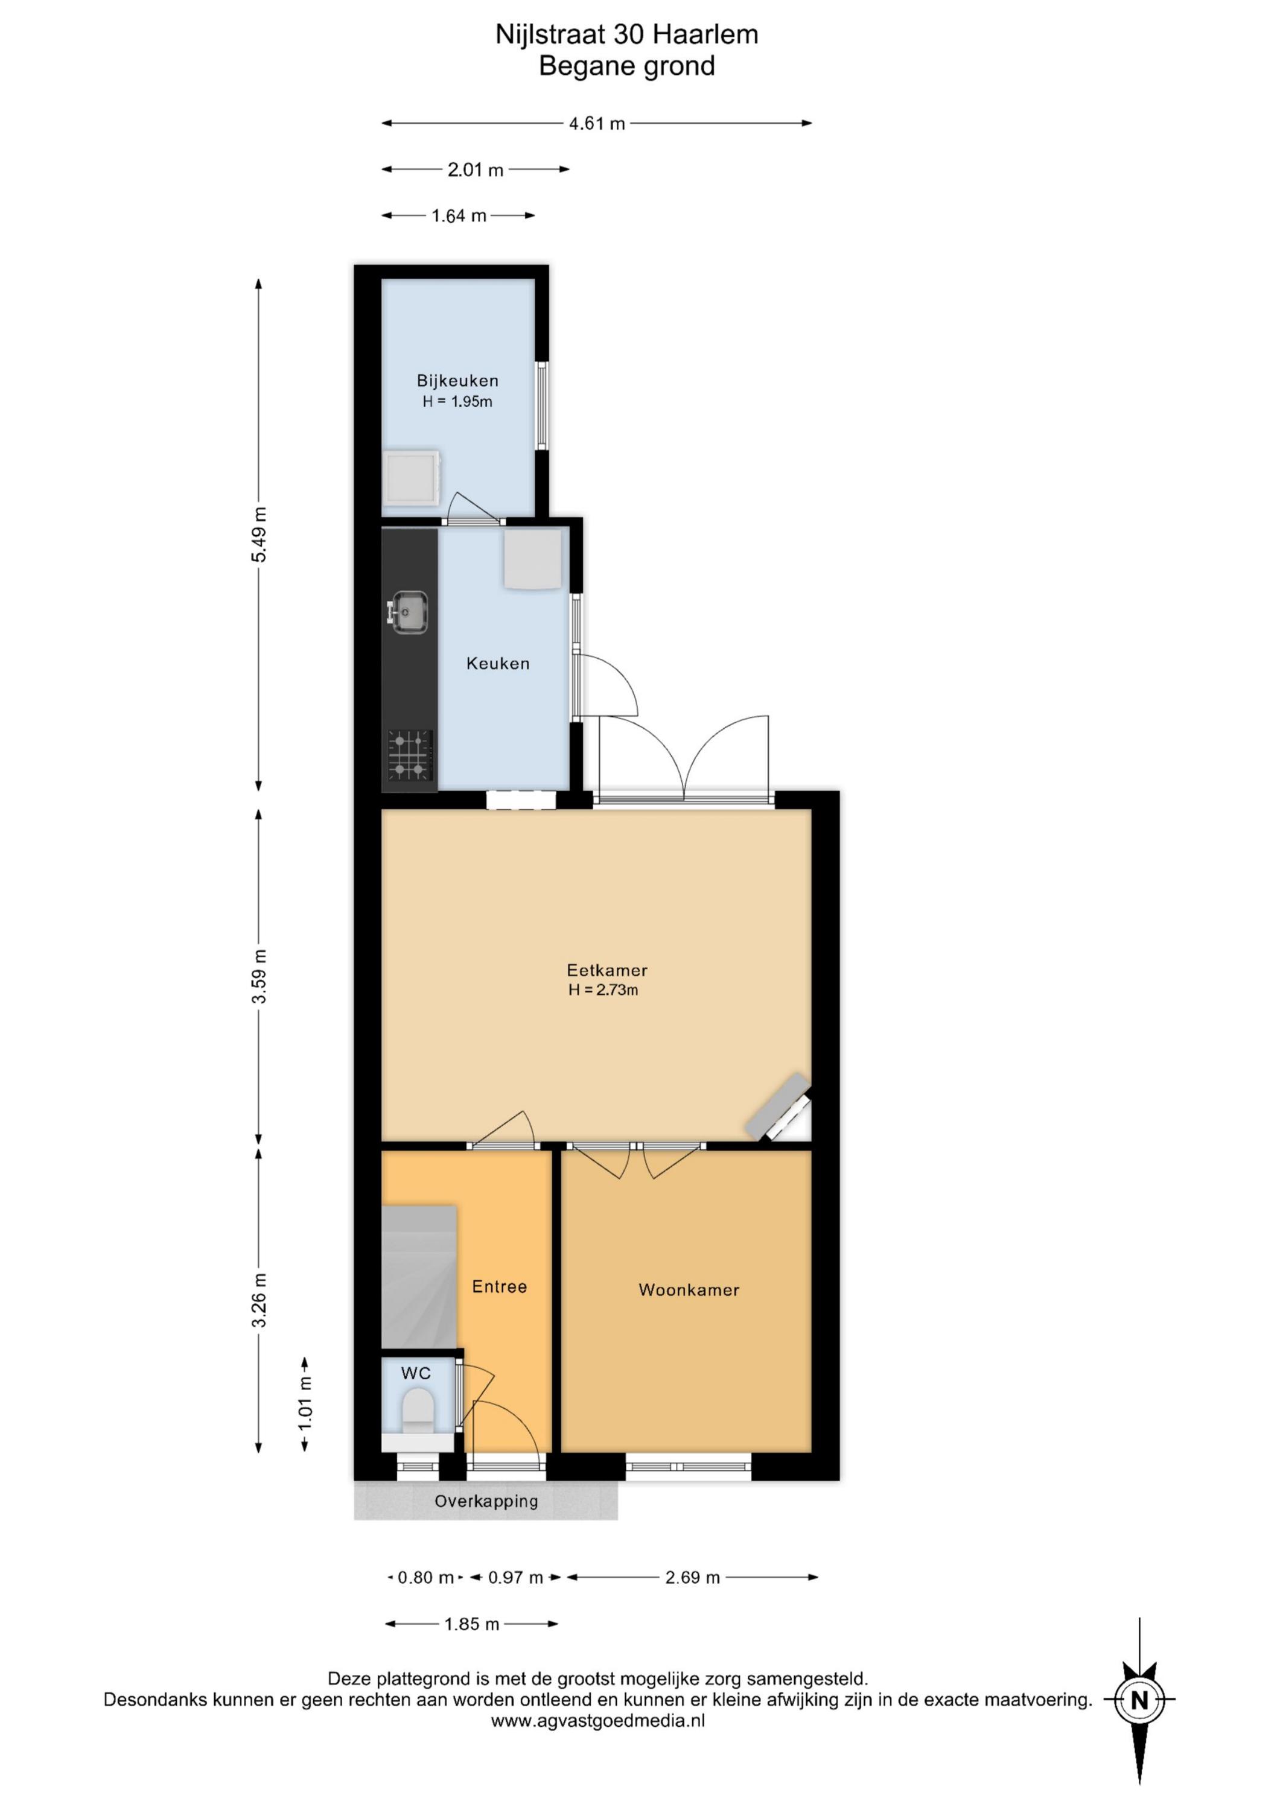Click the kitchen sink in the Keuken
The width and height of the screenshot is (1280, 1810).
(408, 612)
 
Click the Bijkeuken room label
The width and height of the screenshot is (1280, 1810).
(457, 381)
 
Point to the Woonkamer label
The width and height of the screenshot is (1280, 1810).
(689, 1291)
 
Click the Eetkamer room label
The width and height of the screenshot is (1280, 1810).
(607, 970)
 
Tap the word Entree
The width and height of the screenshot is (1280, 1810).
(499, 1286)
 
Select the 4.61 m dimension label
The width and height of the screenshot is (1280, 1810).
(597, 124)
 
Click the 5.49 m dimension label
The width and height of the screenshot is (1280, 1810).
(260, 535)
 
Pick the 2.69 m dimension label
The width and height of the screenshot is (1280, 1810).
(692, 1578)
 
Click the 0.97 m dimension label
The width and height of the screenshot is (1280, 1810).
(516, 1578)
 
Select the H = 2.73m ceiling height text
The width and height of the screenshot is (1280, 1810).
(603, 990)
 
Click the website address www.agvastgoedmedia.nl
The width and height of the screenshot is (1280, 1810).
(598, 1721)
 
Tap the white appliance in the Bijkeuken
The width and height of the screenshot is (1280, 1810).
(411, 478)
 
